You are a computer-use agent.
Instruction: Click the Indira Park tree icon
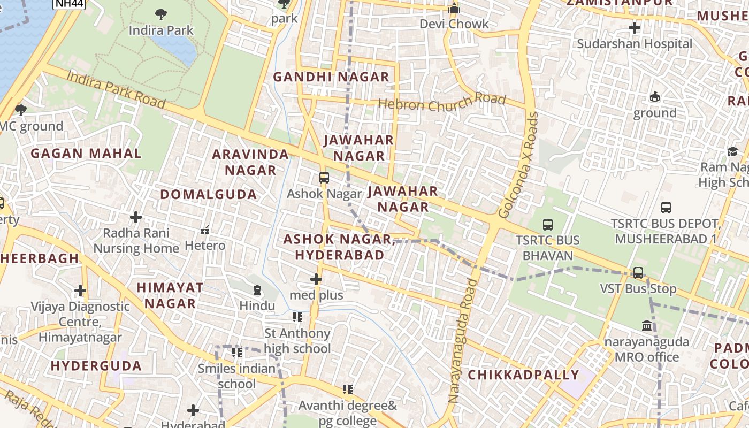pos(160,14)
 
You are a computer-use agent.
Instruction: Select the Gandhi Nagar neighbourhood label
pos(331,77)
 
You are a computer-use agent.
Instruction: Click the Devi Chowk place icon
pos(454,8)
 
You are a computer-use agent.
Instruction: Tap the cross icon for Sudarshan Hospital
pos(635,28)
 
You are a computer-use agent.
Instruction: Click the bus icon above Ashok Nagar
pos(324,178)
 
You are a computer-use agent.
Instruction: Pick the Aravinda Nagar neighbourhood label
pos(250,162)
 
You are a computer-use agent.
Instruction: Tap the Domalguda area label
pos(209,195)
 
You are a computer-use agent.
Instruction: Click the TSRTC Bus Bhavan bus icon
pos(548,225)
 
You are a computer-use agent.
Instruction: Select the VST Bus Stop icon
pos(638,273)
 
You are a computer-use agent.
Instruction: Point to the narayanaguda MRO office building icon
pos(647,325)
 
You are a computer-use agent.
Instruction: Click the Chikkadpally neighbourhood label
pos(523,375)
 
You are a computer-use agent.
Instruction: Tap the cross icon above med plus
pos(316,279)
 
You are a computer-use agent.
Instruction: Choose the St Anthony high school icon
pos(297,318)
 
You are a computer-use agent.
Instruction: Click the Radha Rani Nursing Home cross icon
pos(136,217)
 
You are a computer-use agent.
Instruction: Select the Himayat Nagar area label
pos(170,295)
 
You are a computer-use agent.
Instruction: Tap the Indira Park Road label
pos(116,89)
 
